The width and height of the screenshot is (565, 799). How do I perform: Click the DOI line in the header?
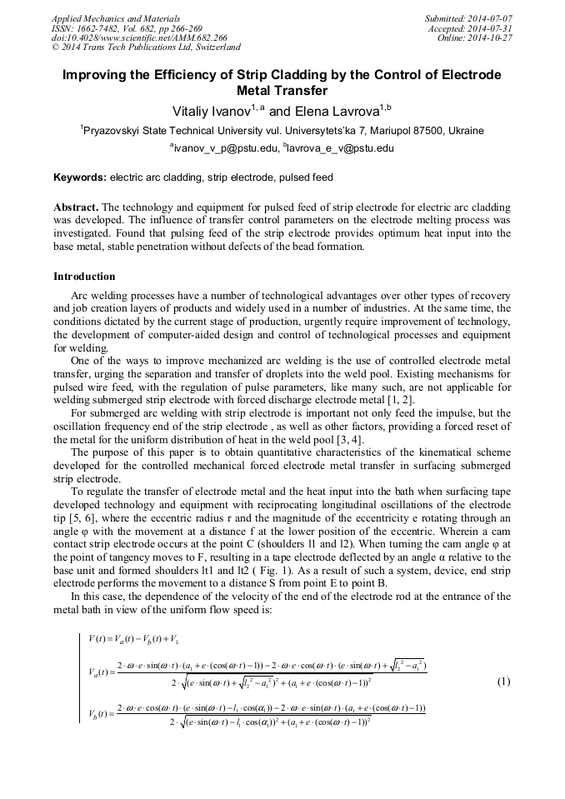click(x=139, y=37)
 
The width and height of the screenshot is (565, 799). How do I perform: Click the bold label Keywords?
click(x=80, y=177)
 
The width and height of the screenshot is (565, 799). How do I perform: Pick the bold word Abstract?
click(x=76, y=207)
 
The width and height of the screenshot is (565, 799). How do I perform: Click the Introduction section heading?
click(x=84, y=276)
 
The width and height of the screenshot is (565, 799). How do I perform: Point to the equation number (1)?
click(x=502, y=682)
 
